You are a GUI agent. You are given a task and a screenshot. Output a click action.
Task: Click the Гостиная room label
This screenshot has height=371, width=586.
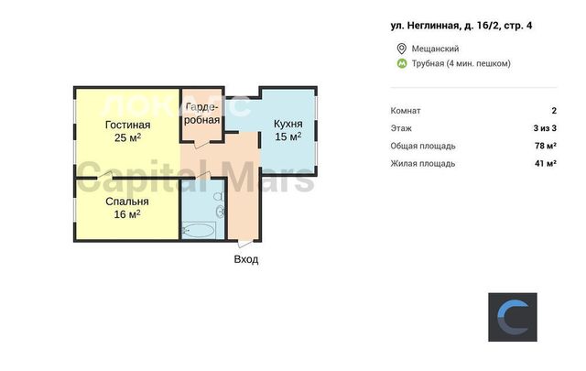128,125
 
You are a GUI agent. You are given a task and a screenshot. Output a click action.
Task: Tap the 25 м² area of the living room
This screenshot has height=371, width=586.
128,137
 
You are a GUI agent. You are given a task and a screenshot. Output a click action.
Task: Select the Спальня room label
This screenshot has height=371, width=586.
127,202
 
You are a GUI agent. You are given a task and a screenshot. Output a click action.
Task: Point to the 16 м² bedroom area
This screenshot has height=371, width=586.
127,214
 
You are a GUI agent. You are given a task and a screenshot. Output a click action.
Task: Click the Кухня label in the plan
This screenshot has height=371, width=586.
288,124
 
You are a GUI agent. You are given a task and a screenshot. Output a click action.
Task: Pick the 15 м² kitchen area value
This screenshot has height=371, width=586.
288,136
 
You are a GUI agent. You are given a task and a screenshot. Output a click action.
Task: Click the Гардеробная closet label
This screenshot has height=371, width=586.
201,114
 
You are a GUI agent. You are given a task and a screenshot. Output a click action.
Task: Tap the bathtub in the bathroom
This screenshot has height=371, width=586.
198,230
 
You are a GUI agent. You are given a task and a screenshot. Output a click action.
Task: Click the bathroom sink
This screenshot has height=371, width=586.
220,212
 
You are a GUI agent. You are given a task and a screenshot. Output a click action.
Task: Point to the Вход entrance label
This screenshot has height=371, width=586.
246,259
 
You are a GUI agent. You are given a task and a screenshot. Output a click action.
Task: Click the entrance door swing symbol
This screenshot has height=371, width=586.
245,244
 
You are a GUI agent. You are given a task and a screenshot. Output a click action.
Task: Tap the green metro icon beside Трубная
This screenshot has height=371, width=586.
402,63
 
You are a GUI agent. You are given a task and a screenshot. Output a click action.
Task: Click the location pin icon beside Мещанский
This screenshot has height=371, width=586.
401,49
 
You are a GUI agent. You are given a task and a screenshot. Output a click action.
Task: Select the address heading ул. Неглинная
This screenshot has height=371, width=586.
461,26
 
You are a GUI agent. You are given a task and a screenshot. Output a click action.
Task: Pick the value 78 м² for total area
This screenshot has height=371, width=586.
546,146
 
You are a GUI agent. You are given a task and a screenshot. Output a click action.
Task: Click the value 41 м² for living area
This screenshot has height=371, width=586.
546,163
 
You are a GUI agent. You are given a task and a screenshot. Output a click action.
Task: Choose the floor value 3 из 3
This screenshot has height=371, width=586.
545,128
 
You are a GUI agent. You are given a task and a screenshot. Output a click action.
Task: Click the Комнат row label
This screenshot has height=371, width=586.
406,111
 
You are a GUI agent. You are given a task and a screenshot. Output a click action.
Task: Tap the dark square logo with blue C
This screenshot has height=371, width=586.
513,317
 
